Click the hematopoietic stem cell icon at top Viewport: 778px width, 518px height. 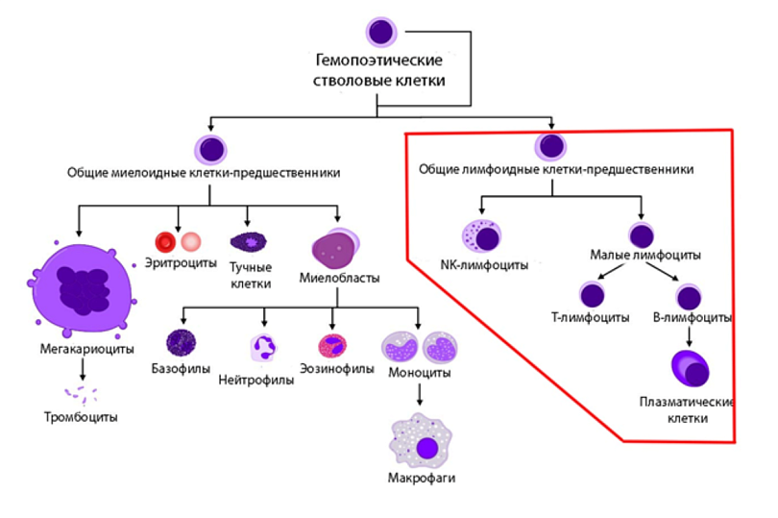[x=381, y=30]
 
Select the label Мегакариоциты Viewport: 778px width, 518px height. [x=86, y=348]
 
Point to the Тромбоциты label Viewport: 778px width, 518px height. [x=81, y=417]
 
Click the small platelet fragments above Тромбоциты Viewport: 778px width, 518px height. [x=81, y=393]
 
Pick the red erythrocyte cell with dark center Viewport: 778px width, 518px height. [x=165, y=241]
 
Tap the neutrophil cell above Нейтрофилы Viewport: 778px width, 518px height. [x=263, y=346]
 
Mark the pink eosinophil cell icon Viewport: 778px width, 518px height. [x=332, y=344]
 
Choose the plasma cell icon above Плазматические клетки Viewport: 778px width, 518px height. [x=689, y=369]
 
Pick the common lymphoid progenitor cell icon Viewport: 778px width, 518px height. [x=551, y=147]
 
